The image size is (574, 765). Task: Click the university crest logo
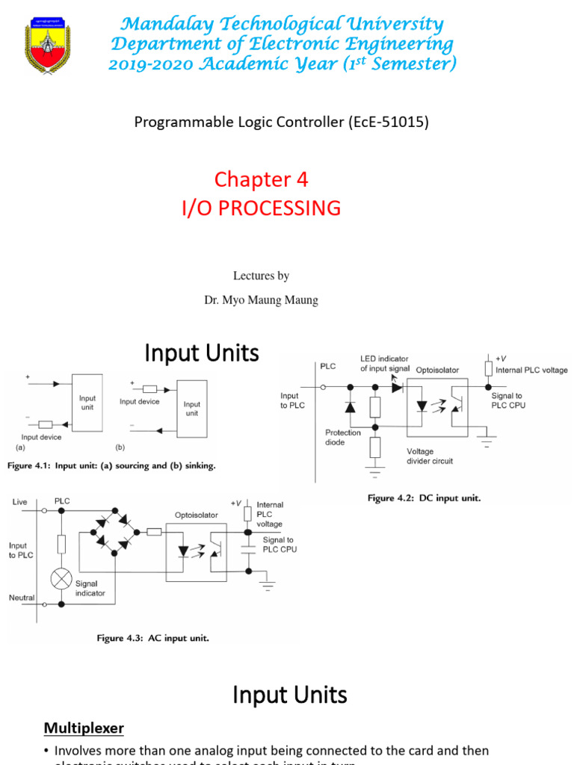click(x=47, y=45)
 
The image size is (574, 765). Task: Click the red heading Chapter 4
click(x=261, y=179)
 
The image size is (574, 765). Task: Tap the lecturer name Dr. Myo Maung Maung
click(x=261, y=300)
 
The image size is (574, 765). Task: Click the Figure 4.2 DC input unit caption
click(x=424, y=498)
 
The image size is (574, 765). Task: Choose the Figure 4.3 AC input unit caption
click(x=152, y=638)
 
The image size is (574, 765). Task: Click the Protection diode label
click(x=343, y=437)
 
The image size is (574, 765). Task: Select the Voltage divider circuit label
click(x=430, y=456)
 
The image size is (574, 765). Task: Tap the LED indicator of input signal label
click(x=384, y=364)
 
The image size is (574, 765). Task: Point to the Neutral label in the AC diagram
click(x=22, y=598)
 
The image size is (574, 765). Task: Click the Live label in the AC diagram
click(x=19, y=502)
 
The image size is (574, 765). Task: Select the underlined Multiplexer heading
click(x=83, y=727)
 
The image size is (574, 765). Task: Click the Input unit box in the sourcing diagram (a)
click(x=87, y=403)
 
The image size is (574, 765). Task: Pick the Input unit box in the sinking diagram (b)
click(x=192, y=409)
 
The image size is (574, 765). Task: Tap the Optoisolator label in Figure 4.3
click(x=196, y=515)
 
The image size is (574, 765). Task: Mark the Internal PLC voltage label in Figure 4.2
click(x=531, y=370)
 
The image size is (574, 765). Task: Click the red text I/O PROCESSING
click(x=261, y=208)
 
